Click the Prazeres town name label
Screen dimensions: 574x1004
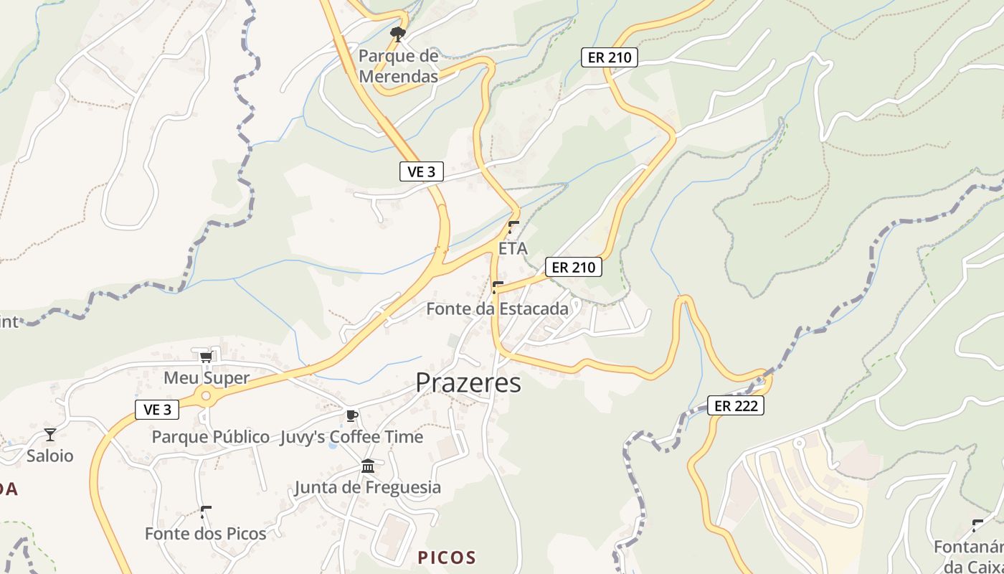coord(468,382)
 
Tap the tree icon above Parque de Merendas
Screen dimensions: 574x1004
coord(397,34)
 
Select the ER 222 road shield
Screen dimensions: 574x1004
coord(736,405)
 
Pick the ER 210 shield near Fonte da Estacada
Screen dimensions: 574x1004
coord(574,268)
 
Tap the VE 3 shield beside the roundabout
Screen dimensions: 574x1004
coord(157,410)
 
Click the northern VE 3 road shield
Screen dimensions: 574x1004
coord(422,171)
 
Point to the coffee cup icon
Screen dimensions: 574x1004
coord(351,415)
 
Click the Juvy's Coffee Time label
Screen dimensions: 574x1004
coord(351,437)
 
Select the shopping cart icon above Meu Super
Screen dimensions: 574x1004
coord(207,357)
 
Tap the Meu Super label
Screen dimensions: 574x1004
coord(207,378)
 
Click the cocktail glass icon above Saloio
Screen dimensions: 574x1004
coord(50,434)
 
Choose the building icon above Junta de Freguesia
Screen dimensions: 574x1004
coord(368,466)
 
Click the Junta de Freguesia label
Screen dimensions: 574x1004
coord(368,488)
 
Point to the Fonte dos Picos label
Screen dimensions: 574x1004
coord(205,534)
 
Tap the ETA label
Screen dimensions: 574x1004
coord(513,249)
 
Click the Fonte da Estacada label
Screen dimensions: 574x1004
coord(497,309)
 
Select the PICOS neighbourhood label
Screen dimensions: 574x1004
coord(447,557)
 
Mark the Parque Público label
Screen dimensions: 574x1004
coord(210,437)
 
